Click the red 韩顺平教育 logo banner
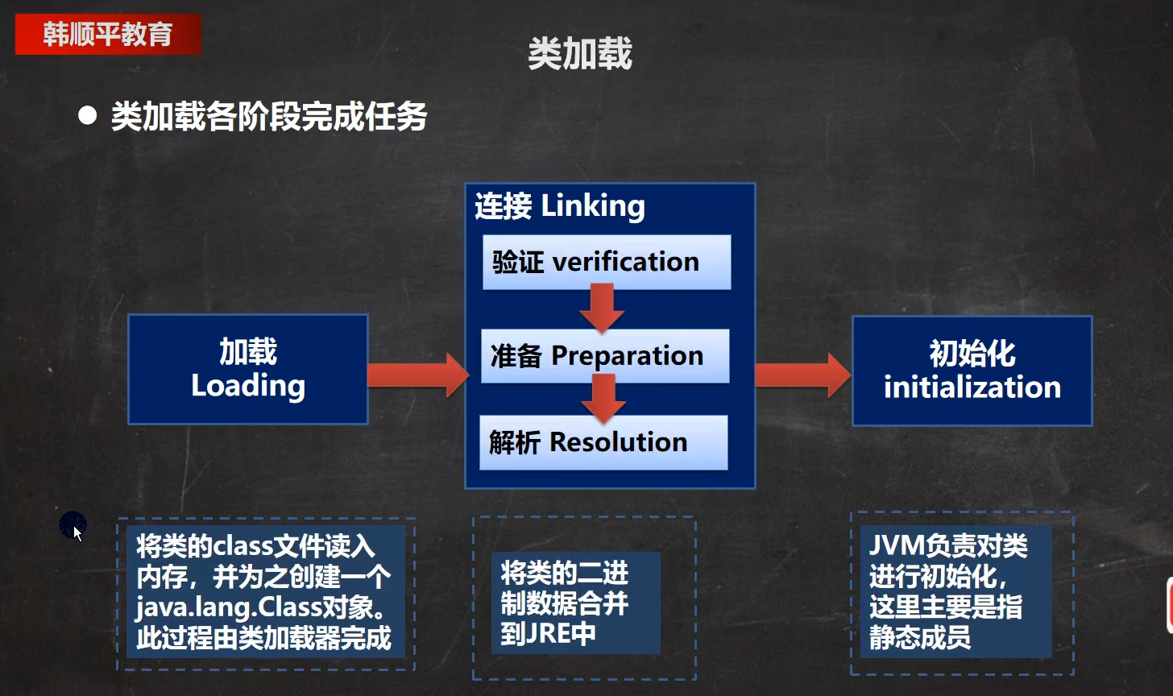tap(108, 34)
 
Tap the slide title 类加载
tap(580, 53)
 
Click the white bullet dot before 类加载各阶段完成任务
tap(88, 115)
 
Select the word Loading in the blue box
tap(248, 386)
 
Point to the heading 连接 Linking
tap(560, 205)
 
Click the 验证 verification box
tap(607, 262)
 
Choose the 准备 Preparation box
tap(605, 356)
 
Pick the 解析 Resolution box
tap(603, 442)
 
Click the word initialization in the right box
tap(972, 387)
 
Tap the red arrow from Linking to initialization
tap(802, 375)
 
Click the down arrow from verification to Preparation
tap(602, 309)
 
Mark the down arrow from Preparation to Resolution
tap(603, 399)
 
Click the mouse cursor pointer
tap(77, 533)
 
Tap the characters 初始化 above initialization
tap(972, 354)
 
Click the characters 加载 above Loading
tap(248, 351)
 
